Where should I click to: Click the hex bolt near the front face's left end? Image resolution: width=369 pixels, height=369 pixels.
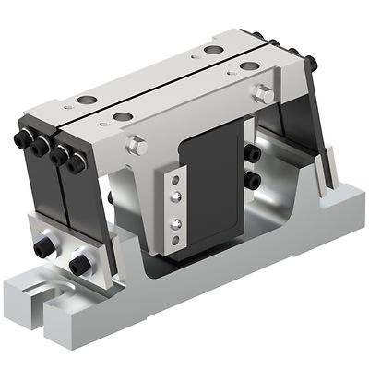coord(137,144)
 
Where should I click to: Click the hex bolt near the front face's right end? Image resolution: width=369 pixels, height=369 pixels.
coord(263,94)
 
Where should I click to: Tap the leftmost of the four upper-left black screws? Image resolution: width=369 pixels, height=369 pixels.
coord(21,139)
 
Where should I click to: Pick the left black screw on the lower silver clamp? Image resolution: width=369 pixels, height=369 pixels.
coord(43,248)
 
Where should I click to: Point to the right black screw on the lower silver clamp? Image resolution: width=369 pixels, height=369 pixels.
coord(79,264)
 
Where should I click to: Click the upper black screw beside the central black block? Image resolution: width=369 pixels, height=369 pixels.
coord(251,154)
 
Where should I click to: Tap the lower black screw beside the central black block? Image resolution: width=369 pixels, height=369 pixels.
coord(251,179)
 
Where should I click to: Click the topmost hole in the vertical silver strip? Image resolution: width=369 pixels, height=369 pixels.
coord(171,180)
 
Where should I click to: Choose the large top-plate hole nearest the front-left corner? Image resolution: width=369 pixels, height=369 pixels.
coord(121,117)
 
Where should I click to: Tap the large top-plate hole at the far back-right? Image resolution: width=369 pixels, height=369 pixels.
coord(214,49)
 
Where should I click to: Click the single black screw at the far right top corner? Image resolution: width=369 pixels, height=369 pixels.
coord(312,63)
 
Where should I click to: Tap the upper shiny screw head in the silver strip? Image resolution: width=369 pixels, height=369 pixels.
coord(172,194)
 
